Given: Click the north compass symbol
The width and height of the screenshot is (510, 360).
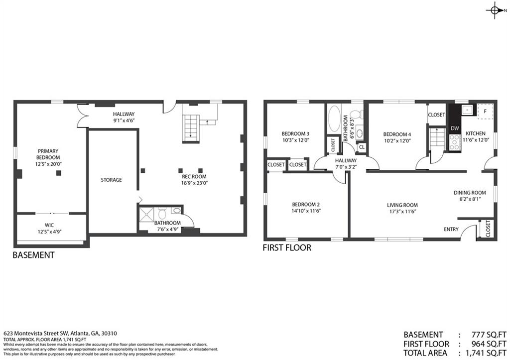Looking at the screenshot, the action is pos(495,10).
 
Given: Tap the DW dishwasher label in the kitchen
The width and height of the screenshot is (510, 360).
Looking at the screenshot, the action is pos(455,128).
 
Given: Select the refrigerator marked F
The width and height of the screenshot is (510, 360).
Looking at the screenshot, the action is pos(485,112).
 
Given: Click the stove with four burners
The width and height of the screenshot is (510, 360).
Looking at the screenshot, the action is pos(455,143).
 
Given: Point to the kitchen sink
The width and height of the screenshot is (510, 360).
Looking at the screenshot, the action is pos(467,110).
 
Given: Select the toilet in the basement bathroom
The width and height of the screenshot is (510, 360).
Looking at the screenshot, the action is pos(162,213).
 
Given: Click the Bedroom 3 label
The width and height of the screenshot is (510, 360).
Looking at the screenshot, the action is pos(295,133).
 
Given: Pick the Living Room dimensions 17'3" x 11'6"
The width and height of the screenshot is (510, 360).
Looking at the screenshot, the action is pos(402,211).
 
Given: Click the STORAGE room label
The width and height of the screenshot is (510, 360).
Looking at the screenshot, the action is pos(111,180).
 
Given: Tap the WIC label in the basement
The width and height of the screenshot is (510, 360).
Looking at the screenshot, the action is pos(49,225).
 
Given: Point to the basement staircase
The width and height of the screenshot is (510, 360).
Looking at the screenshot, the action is pos(191,128).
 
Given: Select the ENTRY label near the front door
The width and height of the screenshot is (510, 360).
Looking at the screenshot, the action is pos(451,229).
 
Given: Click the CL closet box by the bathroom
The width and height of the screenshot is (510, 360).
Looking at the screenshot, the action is pos(362,147).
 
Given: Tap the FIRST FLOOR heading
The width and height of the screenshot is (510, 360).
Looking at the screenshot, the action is pos(287,248).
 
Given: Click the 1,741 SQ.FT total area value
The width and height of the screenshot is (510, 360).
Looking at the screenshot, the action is pos(486,353).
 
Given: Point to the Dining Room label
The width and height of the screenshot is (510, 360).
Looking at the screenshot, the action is pos(470,193).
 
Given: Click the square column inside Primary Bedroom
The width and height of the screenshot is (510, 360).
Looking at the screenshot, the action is pos(59,173).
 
